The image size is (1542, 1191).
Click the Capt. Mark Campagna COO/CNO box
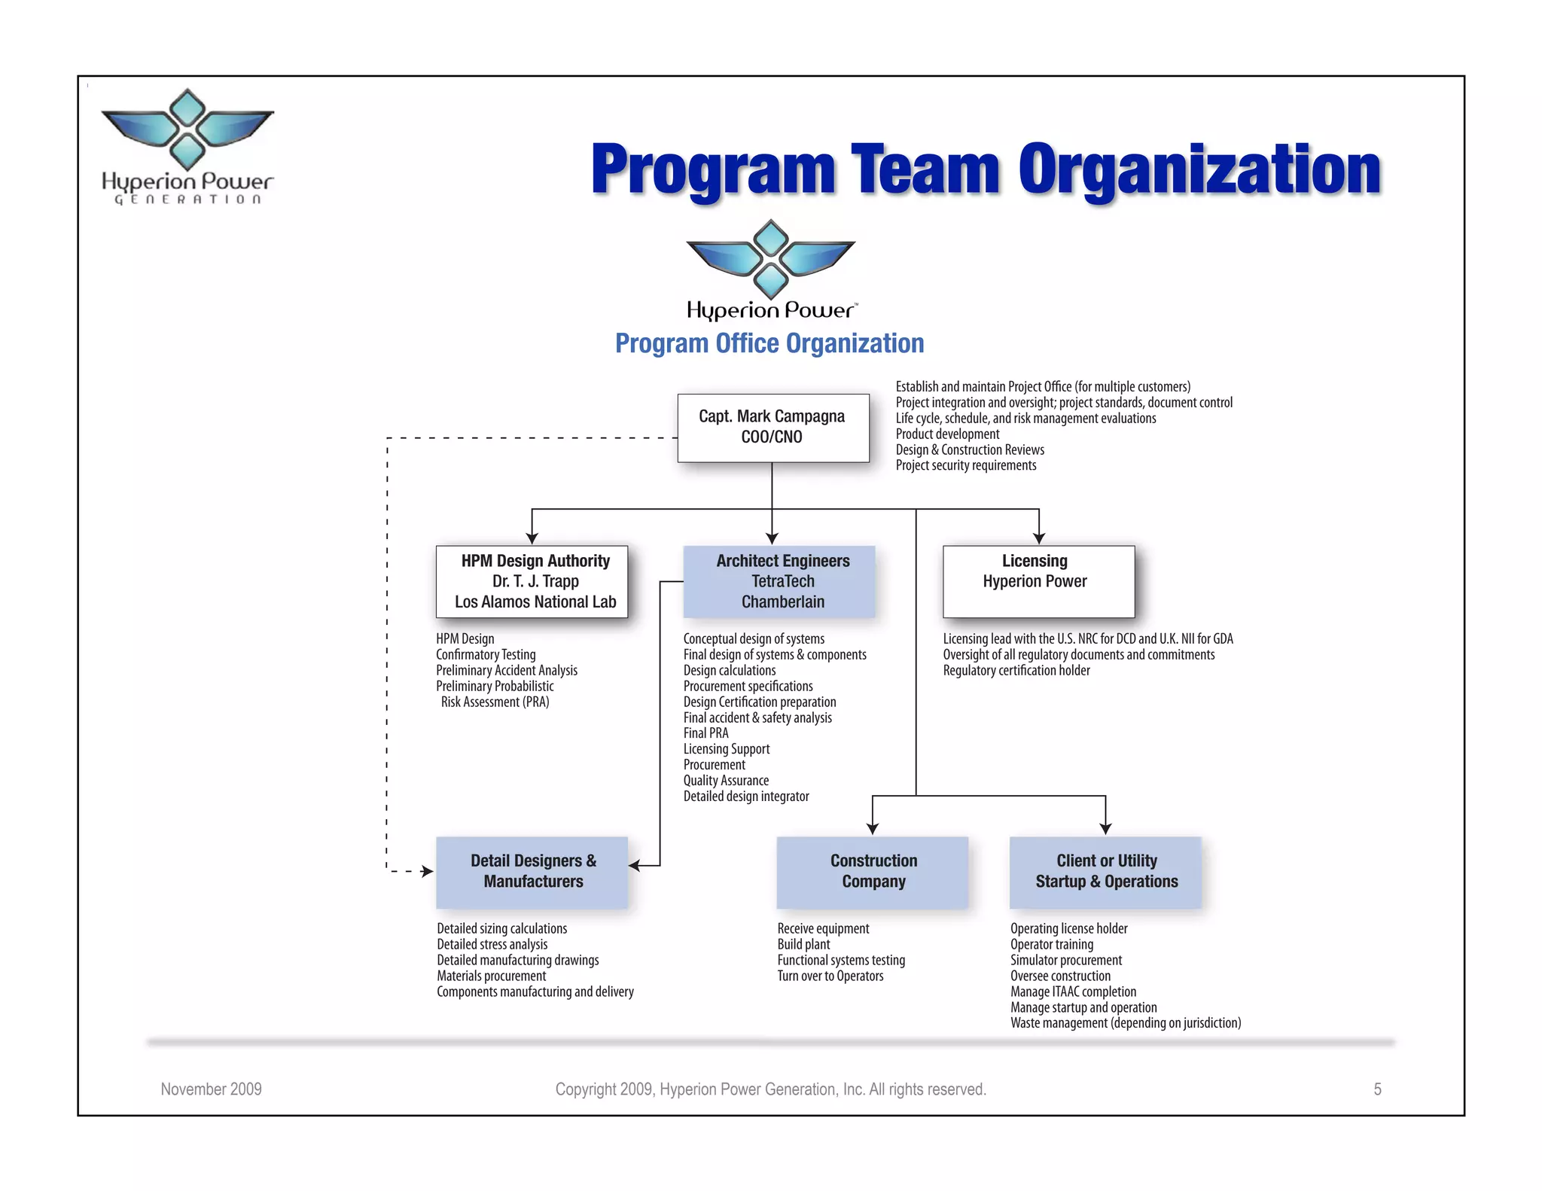pos(773,428)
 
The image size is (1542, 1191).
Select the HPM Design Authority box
pos(532,581)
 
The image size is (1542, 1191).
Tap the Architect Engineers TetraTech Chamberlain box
pos(779,581)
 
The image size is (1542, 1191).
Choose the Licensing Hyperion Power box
pos(1038,581)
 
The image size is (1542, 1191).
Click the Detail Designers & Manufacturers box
pos(532,872)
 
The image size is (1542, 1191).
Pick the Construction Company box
pos(872,872)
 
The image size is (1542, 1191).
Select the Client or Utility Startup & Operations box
pos(1105,872)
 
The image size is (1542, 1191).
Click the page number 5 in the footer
pos(1377,1089)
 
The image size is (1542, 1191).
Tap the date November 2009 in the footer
pos(211,1089)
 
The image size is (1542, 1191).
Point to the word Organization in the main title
pos(1199,169)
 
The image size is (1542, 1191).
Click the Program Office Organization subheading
pos(769,343)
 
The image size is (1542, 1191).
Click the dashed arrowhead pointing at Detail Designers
pos(428,872)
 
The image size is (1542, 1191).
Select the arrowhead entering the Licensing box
pos(1039,538)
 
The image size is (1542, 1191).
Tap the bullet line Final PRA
pos(705,733)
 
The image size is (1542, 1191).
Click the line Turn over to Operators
pos(830,976)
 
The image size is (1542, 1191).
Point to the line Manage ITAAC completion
pos(1073,992)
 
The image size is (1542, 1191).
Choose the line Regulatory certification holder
pos(1016,671)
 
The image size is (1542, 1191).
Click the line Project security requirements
pos(965,466)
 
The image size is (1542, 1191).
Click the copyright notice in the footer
pos(770,1089)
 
